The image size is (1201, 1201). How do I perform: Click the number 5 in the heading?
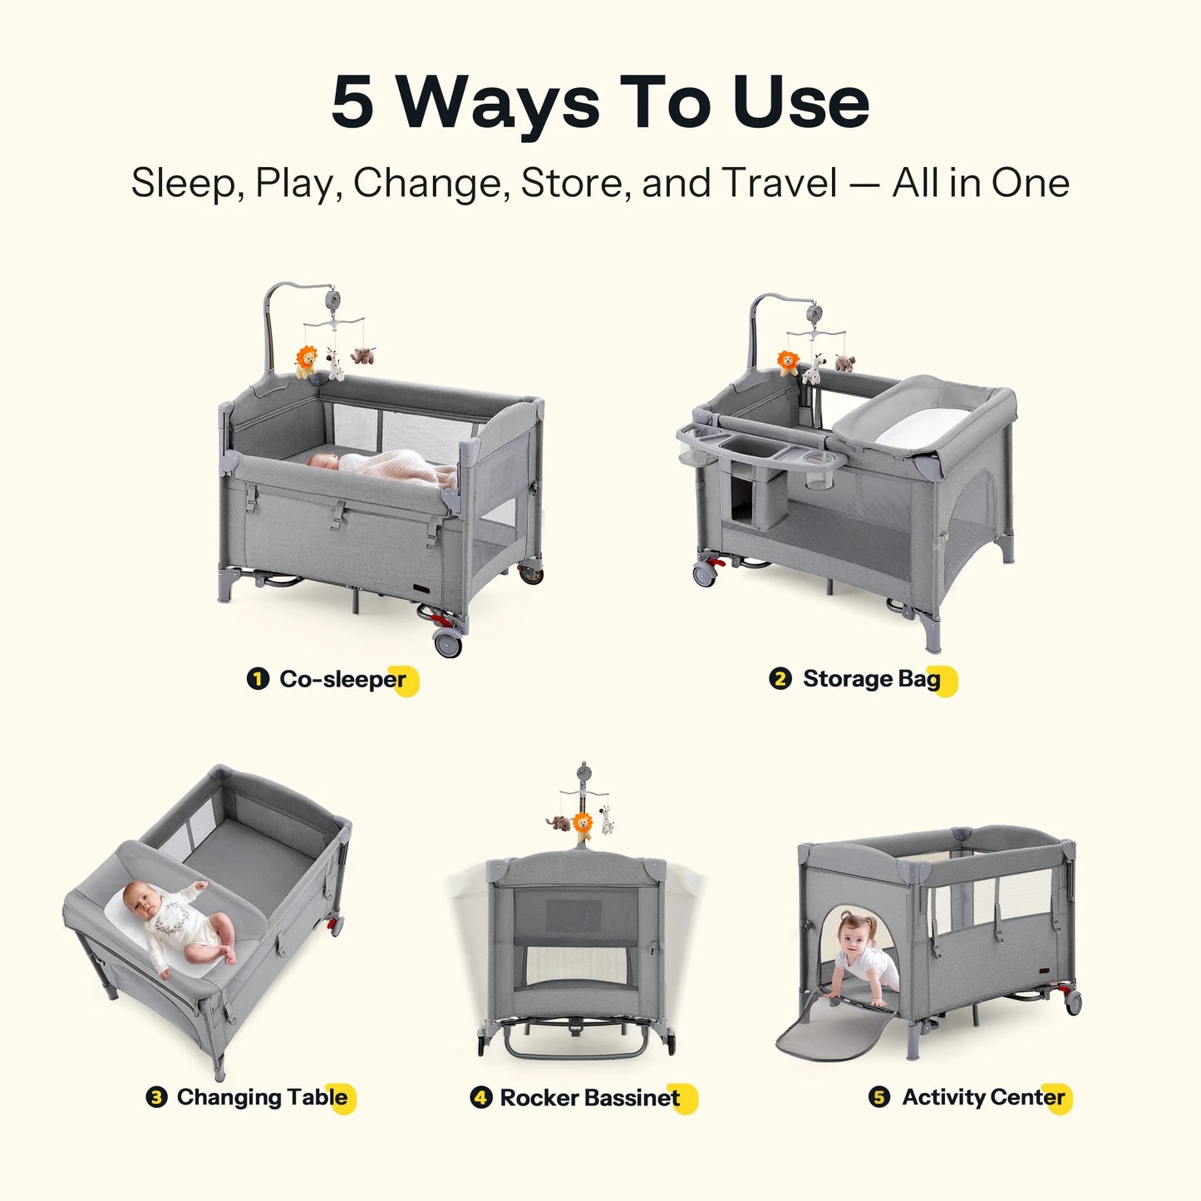pos(352,103)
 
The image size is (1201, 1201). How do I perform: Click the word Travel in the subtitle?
pos(779,183)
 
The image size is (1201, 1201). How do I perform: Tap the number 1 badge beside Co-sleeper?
pos(258,679)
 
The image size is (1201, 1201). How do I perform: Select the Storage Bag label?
pos(871,679)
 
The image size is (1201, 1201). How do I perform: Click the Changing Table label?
pos(262,1097)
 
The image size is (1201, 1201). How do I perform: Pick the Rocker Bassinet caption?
pos(589,1098)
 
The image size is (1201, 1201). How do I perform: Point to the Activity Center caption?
pos(983,1097)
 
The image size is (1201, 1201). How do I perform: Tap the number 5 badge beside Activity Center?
pos(879,1097)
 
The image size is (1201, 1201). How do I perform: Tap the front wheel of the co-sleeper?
pos(448,642)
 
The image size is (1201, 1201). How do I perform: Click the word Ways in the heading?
pos(497,103)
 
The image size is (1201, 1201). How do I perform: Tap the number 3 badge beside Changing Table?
pos(155,1097)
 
